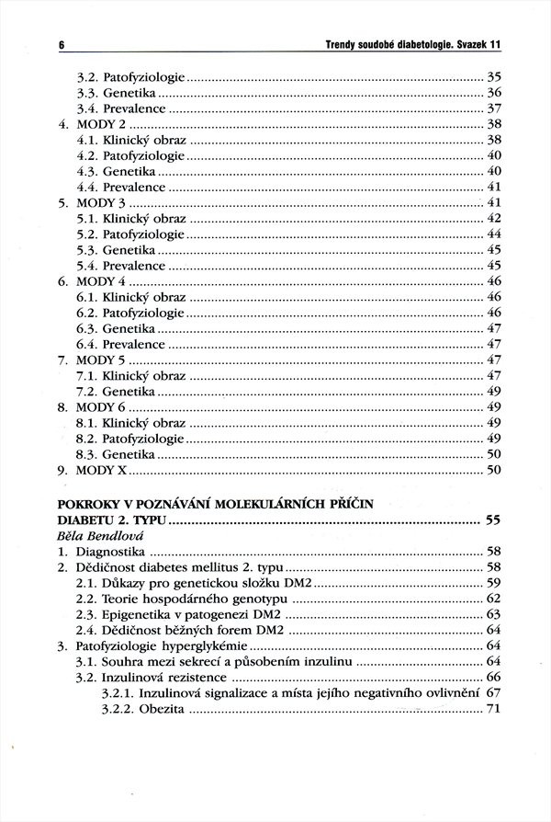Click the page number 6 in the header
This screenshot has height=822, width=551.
tap(61, 44)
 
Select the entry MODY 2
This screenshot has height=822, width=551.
tap(103, 122)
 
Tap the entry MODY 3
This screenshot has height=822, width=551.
tap(103, 201)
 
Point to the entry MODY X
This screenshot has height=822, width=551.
tap(103, 470)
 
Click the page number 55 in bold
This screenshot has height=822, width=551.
tap(492, 520)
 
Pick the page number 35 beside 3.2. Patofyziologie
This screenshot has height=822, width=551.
tap(493, 75)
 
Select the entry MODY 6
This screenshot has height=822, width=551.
tap(103, 406)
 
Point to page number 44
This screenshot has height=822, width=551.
tap(493, 234)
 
